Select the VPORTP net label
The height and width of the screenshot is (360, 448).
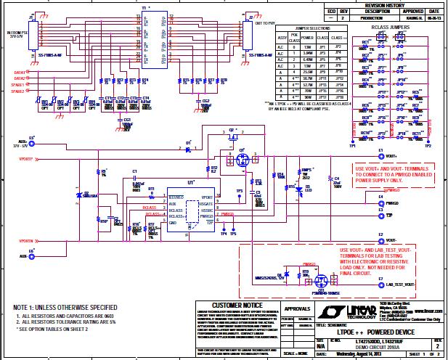(x=25, y=157)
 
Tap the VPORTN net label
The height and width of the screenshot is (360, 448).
(x=25, y=239)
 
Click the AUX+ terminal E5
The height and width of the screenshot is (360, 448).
(x=31, y=142)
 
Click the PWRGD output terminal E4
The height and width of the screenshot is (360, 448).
(x=380, y=203)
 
